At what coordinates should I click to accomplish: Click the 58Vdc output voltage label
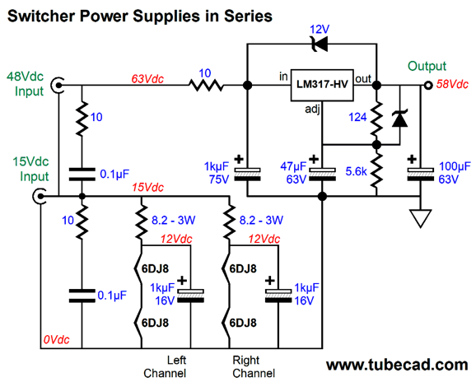452,85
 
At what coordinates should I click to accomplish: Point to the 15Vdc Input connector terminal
40,196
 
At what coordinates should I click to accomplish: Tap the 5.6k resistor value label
356,171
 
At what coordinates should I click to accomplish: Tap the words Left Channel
177,366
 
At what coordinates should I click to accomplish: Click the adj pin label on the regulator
311,107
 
